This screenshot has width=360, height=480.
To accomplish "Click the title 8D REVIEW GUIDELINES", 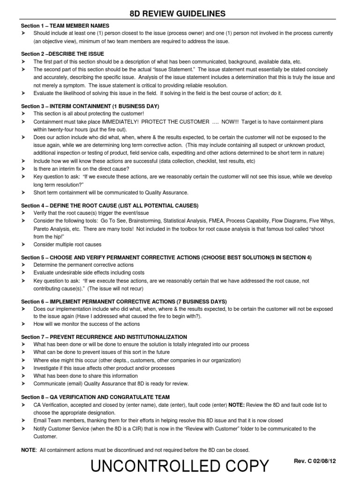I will click(x=177, y=14).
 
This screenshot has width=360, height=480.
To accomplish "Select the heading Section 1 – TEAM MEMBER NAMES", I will click(x=65, y=25).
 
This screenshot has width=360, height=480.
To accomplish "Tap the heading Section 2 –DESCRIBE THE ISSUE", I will click(x=63, y=54).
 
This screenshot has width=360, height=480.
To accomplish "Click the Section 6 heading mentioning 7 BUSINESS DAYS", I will click(x=124, y=301).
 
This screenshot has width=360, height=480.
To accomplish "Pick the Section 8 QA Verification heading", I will click(x=96, y=397).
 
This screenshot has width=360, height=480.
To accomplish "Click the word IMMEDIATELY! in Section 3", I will click(x=128, y=122).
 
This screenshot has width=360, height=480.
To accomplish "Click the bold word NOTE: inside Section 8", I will click(x=236, y=405).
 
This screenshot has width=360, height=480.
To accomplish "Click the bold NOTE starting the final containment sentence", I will click(x=29, y=450).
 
